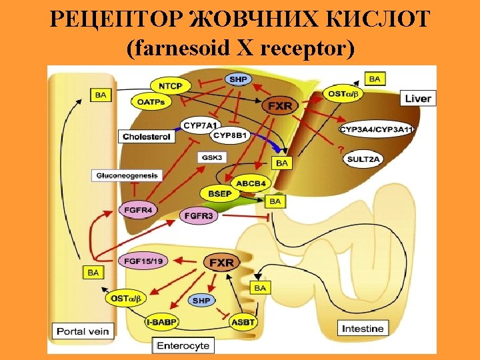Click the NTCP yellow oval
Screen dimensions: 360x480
pos(171,85)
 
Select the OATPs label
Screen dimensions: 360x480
pos(151,102)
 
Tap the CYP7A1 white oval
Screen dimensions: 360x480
pos(201,125)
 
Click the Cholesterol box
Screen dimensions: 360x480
pos(147,137)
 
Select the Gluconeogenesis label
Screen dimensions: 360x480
pos(127,175)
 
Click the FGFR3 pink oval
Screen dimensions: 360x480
pos(199,216)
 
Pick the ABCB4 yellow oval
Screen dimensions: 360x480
pos(251,183)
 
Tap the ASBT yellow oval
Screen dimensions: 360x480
pos(243,323)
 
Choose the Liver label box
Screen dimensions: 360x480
pos(418,99)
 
